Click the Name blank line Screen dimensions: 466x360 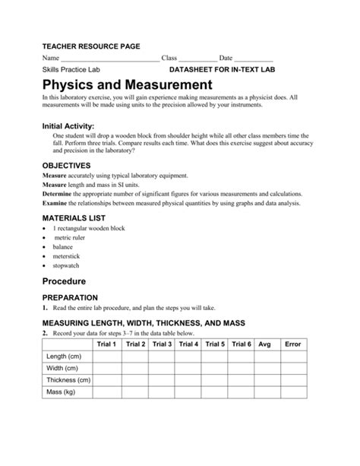pyautogui.click(x=109, y=59)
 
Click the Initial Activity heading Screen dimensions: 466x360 pyautogui.click(x=68, y=125)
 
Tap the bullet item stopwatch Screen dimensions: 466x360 pyautogui.click(x=66, y=266)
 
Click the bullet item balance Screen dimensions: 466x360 pyautogui.click(x=63, y=247)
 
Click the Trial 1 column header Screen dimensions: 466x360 pyautogui.click(x=107, y=344)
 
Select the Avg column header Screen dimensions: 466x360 pyautogui.click(x=264, y=344)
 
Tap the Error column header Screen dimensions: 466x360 pyautogui.click(x=292, y=344)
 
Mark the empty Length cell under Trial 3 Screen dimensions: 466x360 pyautogui.click(x=162, y=357)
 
